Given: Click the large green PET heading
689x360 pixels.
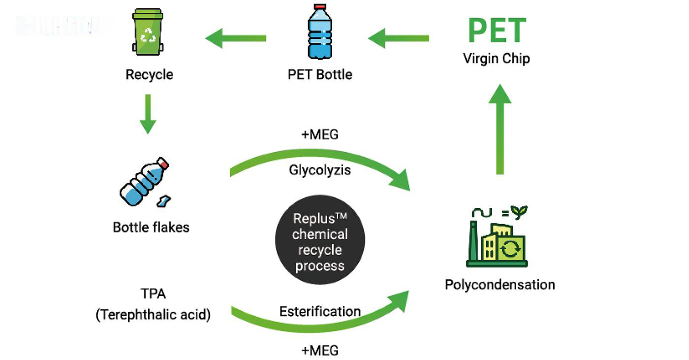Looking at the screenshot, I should click(497, 31).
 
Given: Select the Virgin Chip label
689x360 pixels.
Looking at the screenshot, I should click(496, 59).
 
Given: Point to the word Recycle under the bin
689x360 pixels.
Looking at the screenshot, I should click(149, 75).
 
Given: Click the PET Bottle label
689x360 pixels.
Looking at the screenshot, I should click(320, 75).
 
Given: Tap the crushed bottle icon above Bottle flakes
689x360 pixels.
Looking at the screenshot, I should click(145, 182).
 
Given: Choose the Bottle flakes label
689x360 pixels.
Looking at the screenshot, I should click(151, 227).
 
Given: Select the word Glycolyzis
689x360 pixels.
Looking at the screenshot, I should click(320, 170).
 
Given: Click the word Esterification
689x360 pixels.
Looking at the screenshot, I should click(320, 311).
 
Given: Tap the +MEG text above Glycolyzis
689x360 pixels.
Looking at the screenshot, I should click(320, 134).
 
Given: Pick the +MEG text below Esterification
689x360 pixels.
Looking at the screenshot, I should click(320, 350).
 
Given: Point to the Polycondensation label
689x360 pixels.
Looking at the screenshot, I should click(500, 285).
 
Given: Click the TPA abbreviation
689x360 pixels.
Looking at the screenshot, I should click(153, 294).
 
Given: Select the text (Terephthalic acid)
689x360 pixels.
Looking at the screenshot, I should click(153, 315).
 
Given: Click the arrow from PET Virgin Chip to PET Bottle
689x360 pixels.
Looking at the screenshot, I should click(399, 38).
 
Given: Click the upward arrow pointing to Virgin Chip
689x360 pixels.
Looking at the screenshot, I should click(500, 129).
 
